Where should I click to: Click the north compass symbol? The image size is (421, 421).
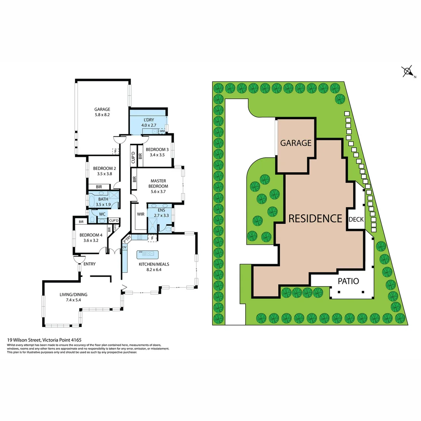407,71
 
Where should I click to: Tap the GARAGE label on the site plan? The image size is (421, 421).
296,143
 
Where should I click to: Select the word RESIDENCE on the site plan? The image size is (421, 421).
315,218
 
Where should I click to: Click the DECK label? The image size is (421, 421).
356,219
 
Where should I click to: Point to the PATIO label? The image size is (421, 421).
348,281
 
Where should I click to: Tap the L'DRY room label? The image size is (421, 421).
150,119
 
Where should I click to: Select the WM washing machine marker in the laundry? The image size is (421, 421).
162,131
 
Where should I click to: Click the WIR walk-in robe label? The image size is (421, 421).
141,214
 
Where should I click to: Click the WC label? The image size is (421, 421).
102,214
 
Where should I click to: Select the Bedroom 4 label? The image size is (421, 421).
90,235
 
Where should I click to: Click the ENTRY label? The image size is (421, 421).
89,264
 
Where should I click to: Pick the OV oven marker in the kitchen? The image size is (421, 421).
125,247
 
